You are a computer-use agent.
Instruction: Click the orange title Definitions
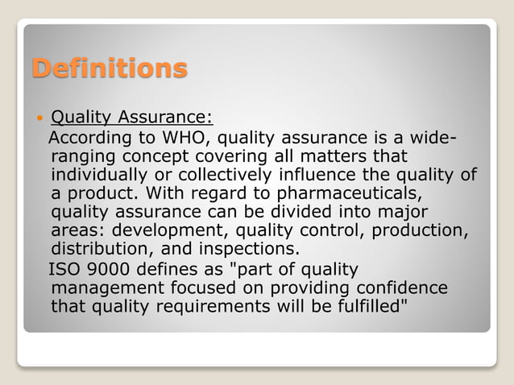109,68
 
